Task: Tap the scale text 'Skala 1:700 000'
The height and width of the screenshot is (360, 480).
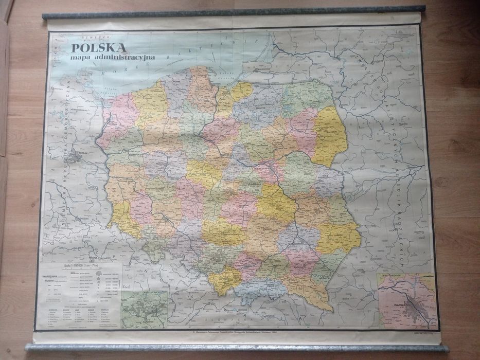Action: (75, 267)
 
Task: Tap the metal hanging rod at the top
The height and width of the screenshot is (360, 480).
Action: (234, 13)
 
